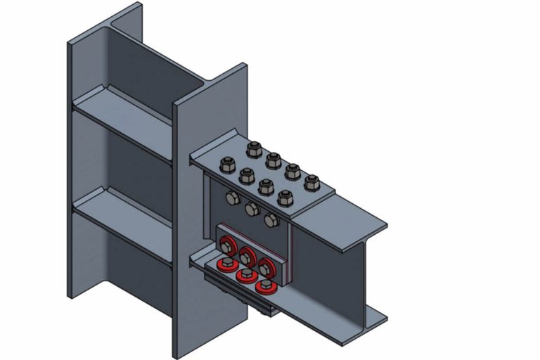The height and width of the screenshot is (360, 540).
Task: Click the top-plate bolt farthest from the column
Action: tap(311, 182)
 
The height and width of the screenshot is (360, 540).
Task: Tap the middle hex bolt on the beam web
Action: tap(252, 209)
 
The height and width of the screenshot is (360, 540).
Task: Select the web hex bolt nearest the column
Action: tap(233, 198)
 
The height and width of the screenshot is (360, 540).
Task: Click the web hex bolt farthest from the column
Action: tap(271, 220)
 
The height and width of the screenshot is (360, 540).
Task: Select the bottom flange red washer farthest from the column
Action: tap(264, 285)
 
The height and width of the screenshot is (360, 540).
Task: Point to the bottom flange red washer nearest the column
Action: tap(226, 265)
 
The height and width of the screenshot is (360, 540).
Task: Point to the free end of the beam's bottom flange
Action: tap(366, 325)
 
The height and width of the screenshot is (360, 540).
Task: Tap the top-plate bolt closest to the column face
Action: tap(228, 166)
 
